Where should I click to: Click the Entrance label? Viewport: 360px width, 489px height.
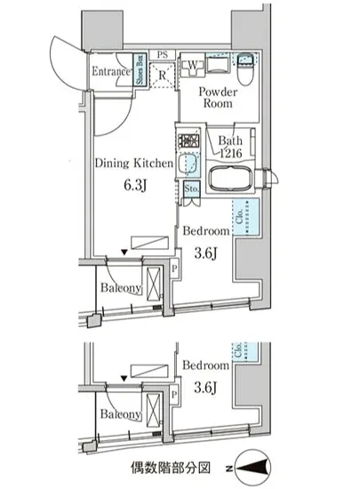tap(111, 71)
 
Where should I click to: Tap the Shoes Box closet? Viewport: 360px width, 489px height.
tap(140, 70)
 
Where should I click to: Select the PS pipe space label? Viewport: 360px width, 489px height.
tap(162, 55)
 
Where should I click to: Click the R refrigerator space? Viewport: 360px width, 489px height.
tap(162, 76)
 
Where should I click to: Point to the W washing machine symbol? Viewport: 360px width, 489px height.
tap(193, 66)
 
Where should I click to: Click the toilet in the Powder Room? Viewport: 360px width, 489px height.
tap(246, 68)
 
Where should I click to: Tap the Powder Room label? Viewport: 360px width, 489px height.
tap(218, 98)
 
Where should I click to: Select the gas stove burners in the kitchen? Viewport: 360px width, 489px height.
tap(188, 140)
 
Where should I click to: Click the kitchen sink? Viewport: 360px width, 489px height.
tap(188, 164)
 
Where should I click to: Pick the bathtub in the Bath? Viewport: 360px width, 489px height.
tap(230, 180)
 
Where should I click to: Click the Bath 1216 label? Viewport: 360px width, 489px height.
tap(230, 147)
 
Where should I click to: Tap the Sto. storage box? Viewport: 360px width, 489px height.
tap(191, 188)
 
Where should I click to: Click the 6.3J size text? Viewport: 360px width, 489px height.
tap(135, 185)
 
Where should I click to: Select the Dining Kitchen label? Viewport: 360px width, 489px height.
tap(133, 164)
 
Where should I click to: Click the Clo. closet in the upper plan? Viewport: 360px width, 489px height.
tap(245, 217)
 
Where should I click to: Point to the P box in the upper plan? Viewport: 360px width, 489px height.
tap(174, 269)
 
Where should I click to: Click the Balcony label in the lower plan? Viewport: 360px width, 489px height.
tap(121, 414)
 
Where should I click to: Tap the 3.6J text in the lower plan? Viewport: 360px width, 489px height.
tap(205, 388)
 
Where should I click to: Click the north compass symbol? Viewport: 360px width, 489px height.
tap(252, 468)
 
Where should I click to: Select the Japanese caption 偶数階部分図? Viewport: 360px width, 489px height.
tap(170, 468)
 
